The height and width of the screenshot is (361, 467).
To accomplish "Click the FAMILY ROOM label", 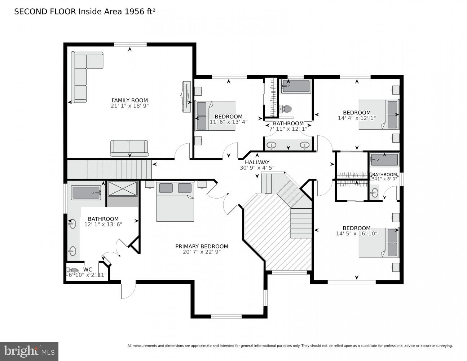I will [x=129, y=100].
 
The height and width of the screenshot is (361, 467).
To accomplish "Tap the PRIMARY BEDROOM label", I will [x=202, y=246].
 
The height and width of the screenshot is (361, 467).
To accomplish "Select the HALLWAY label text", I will [x=257, y=162].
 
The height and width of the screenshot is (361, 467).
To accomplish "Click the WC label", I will [x=88, y=269].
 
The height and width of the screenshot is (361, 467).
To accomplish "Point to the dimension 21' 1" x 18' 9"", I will [x=129, y=106].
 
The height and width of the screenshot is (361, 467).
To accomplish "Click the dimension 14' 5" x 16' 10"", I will [x=356, y=234].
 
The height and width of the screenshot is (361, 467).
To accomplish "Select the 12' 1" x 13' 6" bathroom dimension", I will [x=103, y=224].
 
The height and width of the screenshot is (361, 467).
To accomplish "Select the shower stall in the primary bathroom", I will [x=123, y=189].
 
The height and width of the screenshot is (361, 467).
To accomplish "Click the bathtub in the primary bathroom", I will [x=87, y=193].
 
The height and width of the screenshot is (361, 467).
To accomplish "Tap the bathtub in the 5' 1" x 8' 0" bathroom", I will [x=384, y=160].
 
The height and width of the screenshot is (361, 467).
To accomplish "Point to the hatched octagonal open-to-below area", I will [x=274, y=238].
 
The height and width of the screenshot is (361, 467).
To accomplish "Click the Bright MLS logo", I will [x=29, y=351].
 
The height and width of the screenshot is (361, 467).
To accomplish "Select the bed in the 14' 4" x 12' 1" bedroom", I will [x=379, y=114].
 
